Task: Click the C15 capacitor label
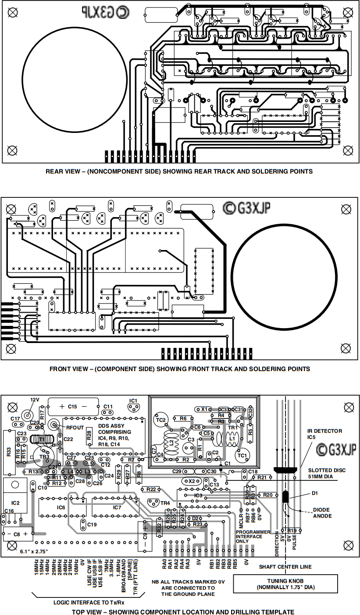tap(72, 407)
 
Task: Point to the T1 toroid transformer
tap(42, 438)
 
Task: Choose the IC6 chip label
tap(61, 508)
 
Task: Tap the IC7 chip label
tap(117, 508)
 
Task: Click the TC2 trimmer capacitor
tap(161, 420)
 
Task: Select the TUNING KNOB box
tap(285, 583)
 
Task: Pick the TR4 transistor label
tap(164, 503)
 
